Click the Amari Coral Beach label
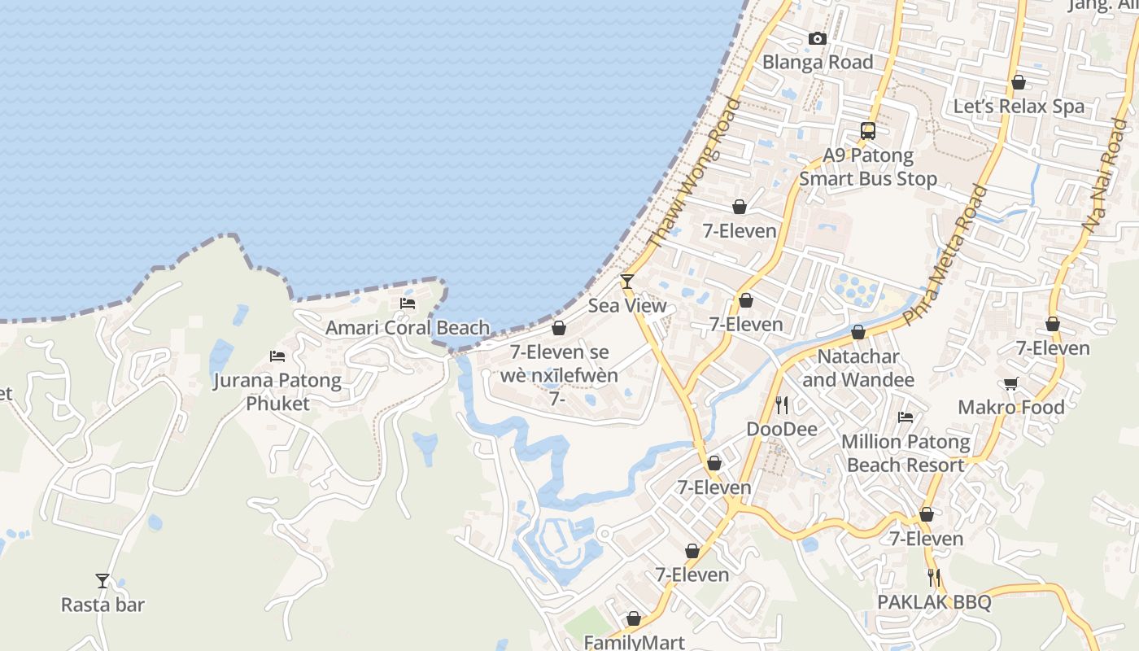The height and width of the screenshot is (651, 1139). (408, 328)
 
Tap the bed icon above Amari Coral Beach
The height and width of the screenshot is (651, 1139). (408, 304)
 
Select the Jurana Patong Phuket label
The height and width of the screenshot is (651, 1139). (277, 391)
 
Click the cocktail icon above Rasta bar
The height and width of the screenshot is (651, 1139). (103, 580)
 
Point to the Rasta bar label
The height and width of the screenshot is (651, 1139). (103, 605)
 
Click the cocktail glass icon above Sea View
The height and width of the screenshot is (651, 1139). (626, 282)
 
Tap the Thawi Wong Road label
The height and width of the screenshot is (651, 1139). (694, 173)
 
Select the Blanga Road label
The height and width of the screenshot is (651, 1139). (817, 62)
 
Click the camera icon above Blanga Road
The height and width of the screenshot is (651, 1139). (818, 38)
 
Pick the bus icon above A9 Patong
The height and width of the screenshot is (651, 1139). (868, 130)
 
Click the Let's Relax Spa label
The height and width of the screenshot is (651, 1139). (1019, 107)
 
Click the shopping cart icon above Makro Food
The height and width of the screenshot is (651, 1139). (1011, 383)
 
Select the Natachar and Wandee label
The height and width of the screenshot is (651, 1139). (858, 368)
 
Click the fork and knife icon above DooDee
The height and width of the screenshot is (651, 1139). (782, 404)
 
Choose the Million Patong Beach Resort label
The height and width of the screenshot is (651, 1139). (906, 453)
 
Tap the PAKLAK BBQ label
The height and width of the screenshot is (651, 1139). (934, 602)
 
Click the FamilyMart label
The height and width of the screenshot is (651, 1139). (635, 642)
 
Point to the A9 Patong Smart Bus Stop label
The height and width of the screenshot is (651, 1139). (868, 167)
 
